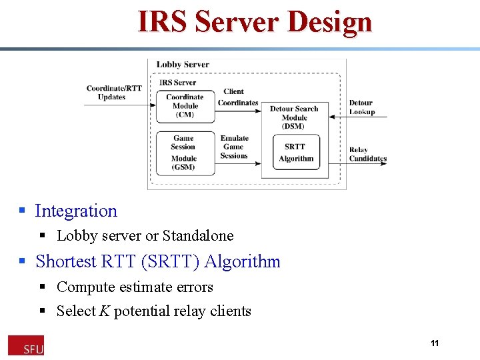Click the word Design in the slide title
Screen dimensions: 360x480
click(329, 22)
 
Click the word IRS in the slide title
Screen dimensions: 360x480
click(161, 22)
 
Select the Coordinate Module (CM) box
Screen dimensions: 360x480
click(185, 105)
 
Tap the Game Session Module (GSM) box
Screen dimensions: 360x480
click(184, 153)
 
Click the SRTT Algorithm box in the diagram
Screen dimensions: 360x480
click(296, 152)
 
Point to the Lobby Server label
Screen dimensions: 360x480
click(183, 65)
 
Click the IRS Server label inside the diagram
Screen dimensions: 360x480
click(177, 83)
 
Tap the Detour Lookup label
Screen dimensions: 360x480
click(361, 107)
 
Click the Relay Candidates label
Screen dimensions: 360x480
click(367, 154)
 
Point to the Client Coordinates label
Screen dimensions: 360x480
click(237, 97)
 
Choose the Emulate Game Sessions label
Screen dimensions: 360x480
click(234, 147)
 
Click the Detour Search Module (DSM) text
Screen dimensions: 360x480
click(293, 117)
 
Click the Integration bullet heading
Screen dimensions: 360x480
click(75, 211)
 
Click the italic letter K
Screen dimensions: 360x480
click(104, 311)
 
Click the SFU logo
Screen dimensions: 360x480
click(26, 345)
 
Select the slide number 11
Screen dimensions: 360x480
click(435, 343)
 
